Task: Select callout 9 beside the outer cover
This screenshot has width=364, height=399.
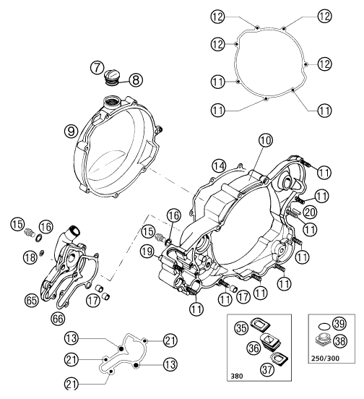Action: (x=69, y=131)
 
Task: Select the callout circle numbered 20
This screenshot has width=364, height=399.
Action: (x=311, y=211)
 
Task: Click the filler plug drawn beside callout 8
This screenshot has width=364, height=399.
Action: (x=116, y=74)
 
